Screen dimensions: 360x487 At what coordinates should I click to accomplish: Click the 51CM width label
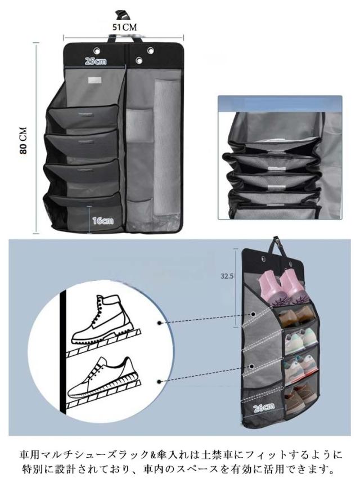[x=124, y=28]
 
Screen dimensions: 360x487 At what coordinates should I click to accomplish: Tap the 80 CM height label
[x=24, y=140]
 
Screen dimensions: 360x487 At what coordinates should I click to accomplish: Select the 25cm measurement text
[x=96, y=61]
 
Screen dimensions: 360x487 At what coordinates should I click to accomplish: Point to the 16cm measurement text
[x=103, y=221]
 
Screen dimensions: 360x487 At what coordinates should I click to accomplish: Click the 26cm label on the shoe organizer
[x=264, y=407]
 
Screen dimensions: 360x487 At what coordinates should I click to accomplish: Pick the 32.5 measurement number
[x=227, y=276]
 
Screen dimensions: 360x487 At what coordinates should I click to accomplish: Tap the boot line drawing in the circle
[x=103, y=319]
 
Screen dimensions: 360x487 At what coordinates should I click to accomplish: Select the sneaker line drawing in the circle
[x=103, y=377]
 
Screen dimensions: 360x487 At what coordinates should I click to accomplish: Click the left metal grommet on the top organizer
[x=97, y=50]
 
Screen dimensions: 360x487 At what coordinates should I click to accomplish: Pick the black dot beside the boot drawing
[x=159, y=323]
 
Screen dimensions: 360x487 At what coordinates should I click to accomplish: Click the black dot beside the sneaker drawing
[x=159, y=382]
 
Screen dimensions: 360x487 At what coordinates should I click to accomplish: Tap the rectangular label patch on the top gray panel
[x=96, y=80]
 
